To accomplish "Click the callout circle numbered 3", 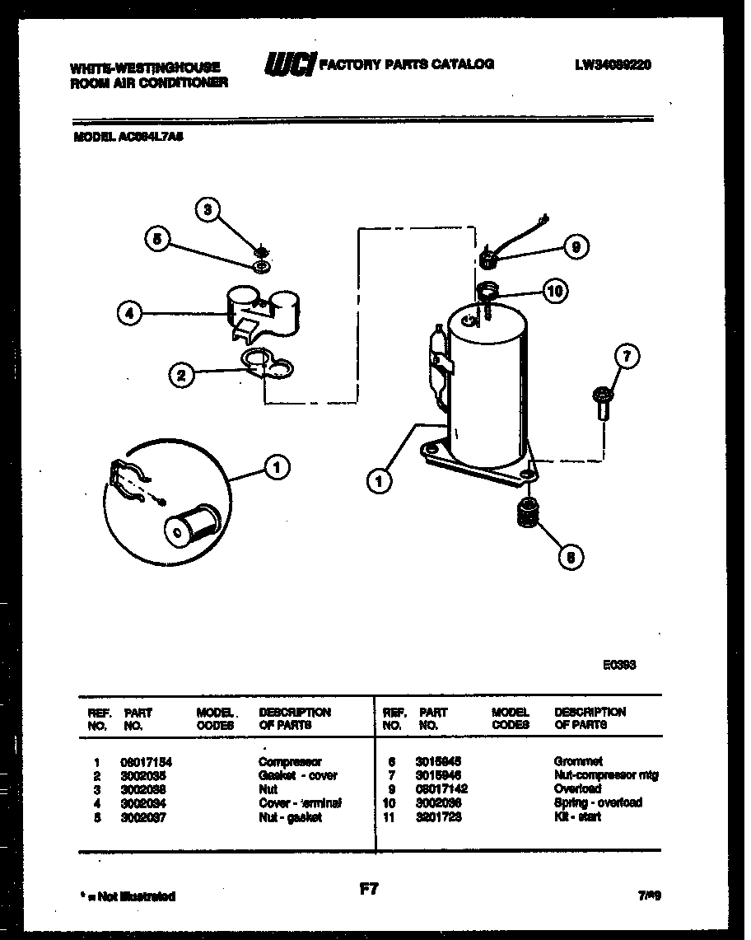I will pos(208,210).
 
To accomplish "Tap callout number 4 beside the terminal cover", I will pos(128,312).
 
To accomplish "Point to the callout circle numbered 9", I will pos(576,246).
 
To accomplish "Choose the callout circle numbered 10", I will pos(555,290).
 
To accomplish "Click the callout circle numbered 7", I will pos(627,357).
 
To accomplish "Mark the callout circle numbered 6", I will pos(570,557).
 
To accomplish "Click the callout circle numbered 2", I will pos(181,376).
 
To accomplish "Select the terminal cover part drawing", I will pos(262,312).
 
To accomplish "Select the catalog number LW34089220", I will pos(613,65).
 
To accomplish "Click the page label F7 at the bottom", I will pos(368,889).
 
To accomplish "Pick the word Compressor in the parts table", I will pos(290,762).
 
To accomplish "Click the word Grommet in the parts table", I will pos(578,762).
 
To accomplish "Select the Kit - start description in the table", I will pos(577,816).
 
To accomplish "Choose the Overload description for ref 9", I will pos(577,789).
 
